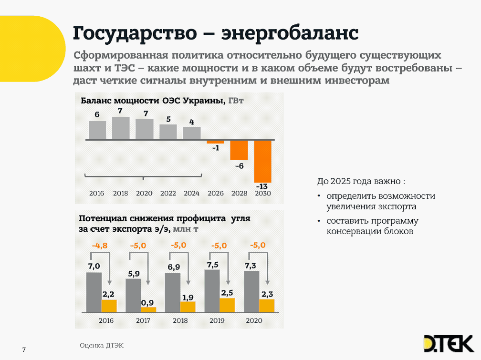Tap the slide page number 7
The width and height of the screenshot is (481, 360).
coord(24,350)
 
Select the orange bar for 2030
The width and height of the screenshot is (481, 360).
coord(262,161)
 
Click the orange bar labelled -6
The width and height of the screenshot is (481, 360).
coord(239,150)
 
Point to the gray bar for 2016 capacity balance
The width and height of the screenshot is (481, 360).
coord(97,130)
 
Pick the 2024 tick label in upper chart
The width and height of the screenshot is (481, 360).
coord(191,194)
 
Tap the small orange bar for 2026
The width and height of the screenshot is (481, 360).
coord(215,142)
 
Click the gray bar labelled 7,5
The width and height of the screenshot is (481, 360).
coord(212,291)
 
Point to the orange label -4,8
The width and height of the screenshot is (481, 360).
coord(99,246)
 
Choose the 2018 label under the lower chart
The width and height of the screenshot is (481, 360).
coord(180,320)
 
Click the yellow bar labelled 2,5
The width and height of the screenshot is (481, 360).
coord(227,305)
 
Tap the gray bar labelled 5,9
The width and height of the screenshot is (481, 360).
coord(133,296)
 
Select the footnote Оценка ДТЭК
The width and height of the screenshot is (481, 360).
coord(101,346)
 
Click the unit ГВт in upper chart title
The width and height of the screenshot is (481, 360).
coord(236,101)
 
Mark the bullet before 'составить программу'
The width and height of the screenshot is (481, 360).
coord(319,221)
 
